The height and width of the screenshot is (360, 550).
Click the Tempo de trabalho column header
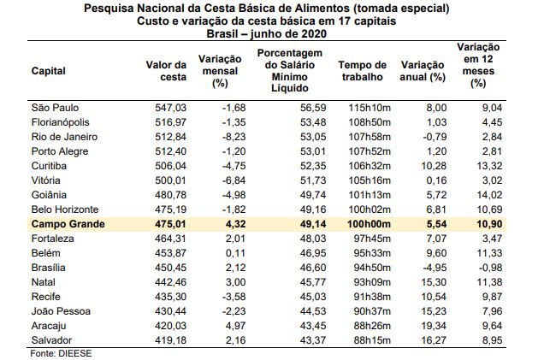pyautogui.click(x=363, y=71)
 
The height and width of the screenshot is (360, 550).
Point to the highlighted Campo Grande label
pyautogui.click(x=70, y=225)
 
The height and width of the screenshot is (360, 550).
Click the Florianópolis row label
pyautogui.click(x=62, y=122)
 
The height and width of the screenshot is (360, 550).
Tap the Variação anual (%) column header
pyautogui.click(x=423, y=71)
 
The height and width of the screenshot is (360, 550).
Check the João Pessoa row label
pyautogui.click(x=61, y=311)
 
